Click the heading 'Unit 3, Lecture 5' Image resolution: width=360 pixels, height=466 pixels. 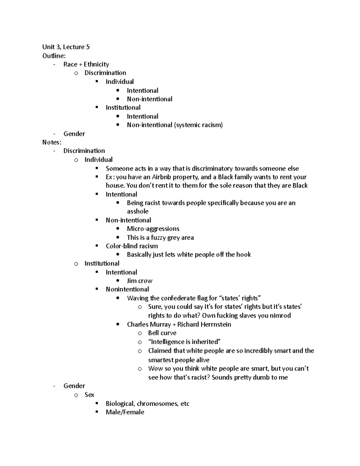coord(66,47)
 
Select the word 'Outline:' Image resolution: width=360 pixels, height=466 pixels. coord(54,56)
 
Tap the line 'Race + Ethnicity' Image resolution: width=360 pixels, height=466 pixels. coord(86,64)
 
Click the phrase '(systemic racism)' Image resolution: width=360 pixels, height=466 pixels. coord(198,125)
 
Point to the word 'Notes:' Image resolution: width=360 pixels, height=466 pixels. coord(52,142)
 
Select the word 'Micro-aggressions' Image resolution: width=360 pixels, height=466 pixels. coord(153,229)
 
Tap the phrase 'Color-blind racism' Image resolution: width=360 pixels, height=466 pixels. coord(132,246)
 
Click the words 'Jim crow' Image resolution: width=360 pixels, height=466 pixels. coord(139,281)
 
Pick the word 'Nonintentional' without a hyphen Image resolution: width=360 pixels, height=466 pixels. coord(127,289)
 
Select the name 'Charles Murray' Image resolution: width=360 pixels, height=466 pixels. coord(149,324)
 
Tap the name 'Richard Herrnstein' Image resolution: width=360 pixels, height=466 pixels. coord(204,324)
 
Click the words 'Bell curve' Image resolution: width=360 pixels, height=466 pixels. coord(162,333)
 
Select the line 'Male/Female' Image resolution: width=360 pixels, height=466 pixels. coord(125,412)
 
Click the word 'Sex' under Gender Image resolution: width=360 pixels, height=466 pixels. coord(89,395)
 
